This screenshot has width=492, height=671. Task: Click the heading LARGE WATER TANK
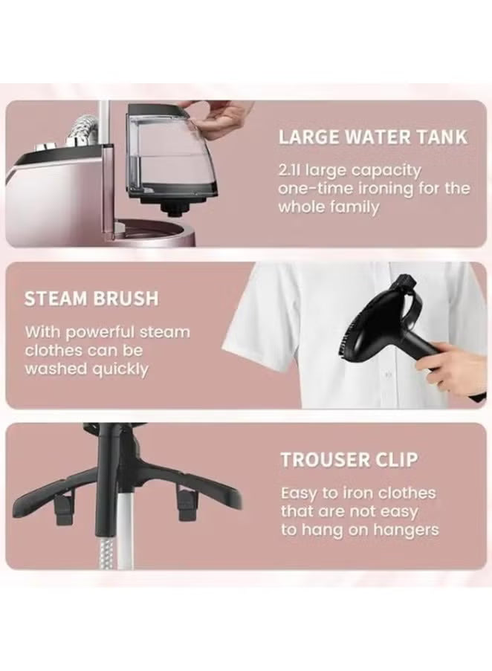[x=372, y=137]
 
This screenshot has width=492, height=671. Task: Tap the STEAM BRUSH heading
[x=91, y=298]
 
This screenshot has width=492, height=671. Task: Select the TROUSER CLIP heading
[x=349, y=460]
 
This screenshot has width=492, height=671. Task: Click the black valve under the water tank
[x=175, y=208]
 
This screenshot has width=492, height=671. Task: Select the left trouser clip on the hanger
[x=63, y=507]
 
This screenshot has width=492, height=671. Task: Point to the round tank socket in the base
[x=153, y=231]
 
